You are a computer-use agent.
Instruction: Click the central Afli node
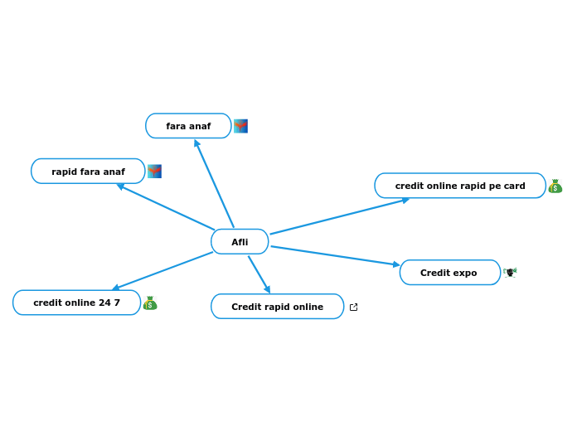click(x=240, y=242)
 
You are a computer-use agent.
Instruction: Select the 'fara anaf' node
click(x=188, y=126)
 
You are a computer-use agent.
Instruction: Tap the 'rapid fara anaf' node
click(x=88, y=172)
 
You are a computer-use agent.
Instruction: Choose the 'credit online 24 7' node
click(x=76, y=303)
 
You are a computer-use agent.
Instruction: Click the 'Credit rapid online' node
click(x=277, y=307)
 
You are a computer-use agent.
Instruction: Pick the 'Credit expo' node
click(x=449, y=273)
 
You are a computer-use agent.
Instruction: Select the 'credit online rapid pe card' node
click(x=459, y=186)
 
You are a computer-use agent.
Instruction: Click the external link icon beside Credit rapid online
click(x=354, y=308)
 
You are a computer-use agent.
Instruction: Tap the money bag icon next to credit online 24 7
click(x=150, y=303)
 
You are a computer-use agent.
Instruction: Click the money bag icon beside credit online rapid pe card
click(x=555, y=186)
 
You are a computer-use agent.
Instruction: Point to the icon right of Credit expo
click(x=510, y=272)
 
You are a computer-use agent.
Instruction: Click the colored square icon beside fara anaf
click(x=240, y=126)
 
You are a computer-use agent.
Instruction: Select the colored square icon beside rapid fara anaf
click(x=154, y=172)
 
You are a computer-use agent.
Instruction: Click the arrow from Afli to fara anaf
click(x=214, y=183)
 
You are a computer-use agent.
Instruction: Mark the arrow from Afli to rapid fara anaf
click(x=166, y=207)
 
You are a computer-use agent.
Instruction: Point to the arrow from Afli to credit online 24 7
click(x=162, y=271)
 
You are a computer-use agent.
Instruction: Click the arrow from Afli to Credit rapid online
click(x=259, y=274)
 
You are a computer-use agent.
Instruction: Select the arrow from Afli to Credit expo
click(x=335, y=256)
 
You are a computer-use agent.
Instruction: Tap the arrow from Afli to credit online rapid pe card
click(x=340, y=216)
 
